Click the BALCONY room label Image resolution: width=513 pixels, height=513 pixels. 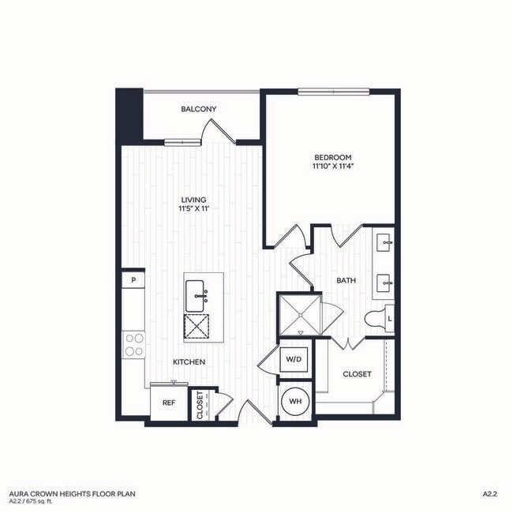coord(199,109)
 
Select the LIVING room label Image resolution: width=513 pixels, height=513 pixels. coord(193,200)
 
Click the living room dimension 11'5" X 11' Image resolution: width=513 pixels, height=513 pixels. coord(193,211)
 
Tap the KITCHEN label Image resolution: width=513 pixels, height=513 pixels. coord(189,361)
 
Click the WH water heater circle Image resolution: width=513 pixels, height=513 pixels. coord(297,402)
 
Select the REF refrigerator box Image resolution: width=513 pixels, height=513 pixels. coord(168,403)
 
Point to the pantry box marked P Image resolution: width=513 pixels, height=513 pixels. coord(134,279)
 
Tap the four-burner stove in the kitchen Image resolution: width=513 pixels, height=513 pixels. coord(134,345)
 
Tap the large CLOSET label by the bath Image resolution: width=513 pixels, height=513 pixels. coord(357,375)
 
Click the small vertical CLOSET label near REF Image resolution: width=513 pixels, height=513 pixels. coord(200,405)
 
